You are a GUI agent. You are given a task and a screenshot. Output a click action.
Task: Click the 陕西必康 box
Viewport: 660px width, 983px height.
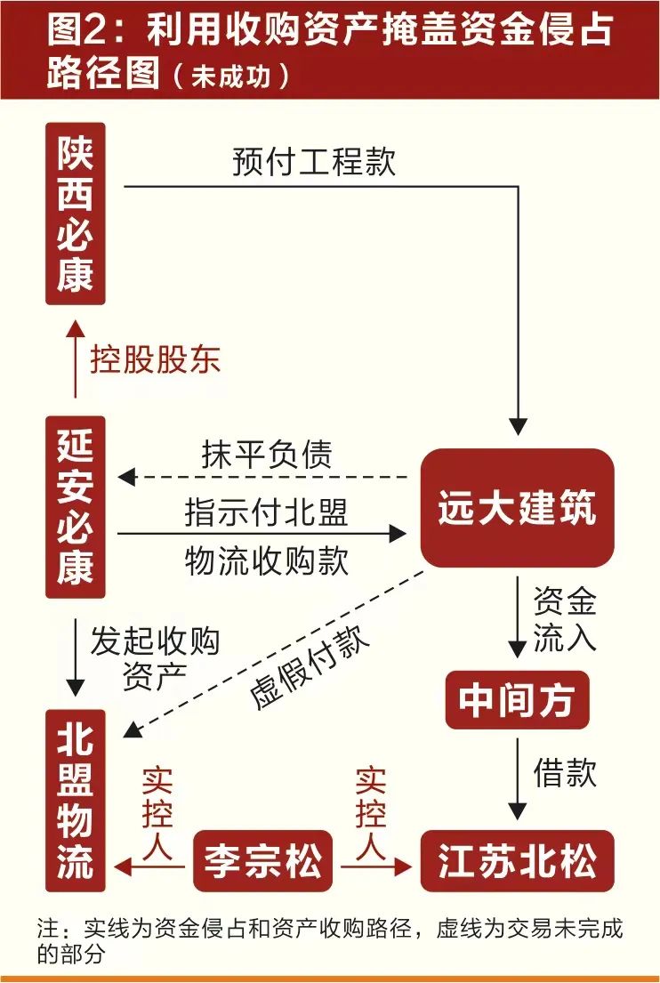tap(76, 214)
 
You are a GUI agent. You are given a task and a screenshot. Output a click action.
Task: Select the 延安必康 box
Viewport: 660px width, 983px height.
tap(76, 507)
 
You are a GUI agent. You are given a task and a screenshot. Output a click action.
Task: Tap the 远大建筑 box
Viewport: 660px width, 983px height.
tap(517, 508)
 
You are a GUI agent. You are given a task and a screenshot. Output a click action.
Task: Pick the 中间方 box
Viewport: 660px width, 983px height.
tap(517, 700)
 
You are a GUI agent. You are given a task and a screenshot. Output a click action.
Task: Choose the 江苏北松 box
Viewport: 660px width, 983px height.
tap(517, 861)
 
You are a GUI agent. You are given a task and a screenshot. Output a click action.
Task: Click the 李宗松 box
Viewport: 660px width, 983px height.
tap(262, 861)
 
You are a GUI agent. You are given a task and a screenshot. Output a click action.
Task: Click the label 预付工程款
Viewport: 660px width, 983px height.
tap(314, 163)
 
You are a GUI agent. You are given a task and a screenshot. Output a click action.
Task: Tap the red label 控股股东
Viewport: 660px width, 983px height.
tap(155, 360)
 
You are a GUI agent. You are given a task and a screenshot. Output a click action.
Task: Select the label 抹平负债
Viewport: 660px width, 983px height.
tap(266, 455)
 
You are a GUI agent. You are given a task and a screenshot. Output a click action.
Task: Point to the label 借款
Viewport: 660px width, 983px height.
tap(564, 771)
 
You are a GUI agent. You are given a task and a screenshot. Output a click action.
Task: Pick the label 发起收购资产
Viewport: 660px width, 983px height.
tap(155, 658)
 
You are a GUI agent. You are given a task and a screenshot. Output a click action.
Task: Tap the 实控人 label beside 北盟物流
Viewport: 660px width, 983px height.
tap(157, 812)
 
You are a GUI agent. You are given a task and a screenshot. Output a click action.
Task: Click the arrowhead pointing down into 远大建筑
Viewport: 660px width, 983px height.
tap(518, 425)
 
